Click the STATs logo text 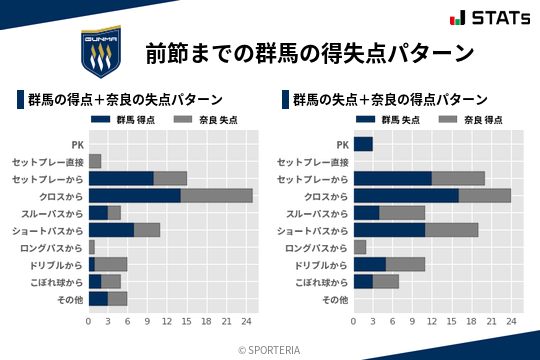[489, 17]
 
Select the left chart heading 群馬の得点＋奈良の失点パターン [125, 100]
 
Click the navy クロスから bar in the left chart [134, 195]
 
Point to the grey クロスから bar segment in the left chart [216, 195]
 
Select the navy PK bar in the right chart [362, 144]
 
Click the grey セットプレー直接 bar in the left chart [95, 161]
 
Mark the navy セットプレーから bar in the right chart [392, 178]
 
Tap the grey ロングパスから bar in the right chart [359, 247]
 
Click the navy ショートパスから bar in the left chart [111, 230]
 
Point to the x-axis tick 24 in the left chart [246, 322]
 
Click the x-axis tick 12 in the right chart [432, 322]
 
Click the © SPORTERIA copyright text [270, 349]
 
